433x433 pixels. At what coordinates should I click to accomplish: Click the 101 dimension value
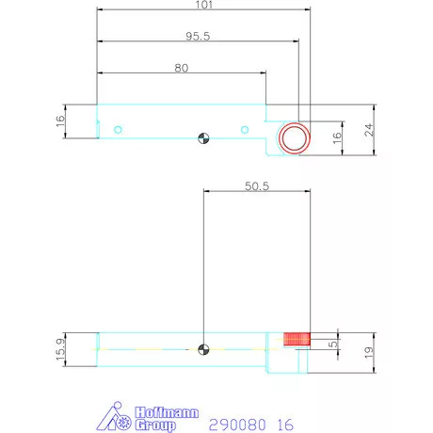tap(204, 5)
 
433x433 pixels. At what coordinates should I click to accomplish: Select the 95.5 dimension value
tap(198, 36)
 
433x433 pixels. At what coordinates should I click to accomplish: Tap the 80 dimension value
tap(182, 68)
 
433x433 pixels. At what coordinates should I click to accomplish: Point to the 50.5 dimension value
tap(257, 186)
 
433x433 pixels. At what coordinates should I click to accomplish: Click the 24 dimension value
tap(369, 130)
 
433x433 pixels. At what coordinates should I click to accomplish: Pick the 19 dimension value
tap(369, 353)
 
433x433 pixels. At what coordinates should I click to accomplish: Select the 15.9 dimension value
tap(60, 349)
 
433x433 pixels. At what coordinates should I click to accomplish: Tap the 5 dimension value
tap(333, 345)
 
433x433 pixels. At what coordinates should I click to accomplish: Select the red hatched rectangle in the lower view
tap(297, 339)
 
